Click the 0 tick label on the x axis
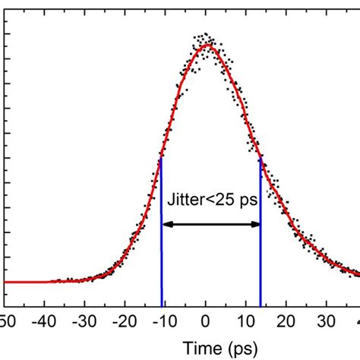point(206,319)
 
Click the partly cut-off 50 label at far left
point(6,319)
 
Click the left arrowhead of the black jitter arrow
point(167,224)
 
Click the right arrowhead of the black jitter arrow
point(255,224)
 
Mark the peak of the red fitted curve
point(207,46)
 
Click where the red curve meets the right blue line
point(261,157)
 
